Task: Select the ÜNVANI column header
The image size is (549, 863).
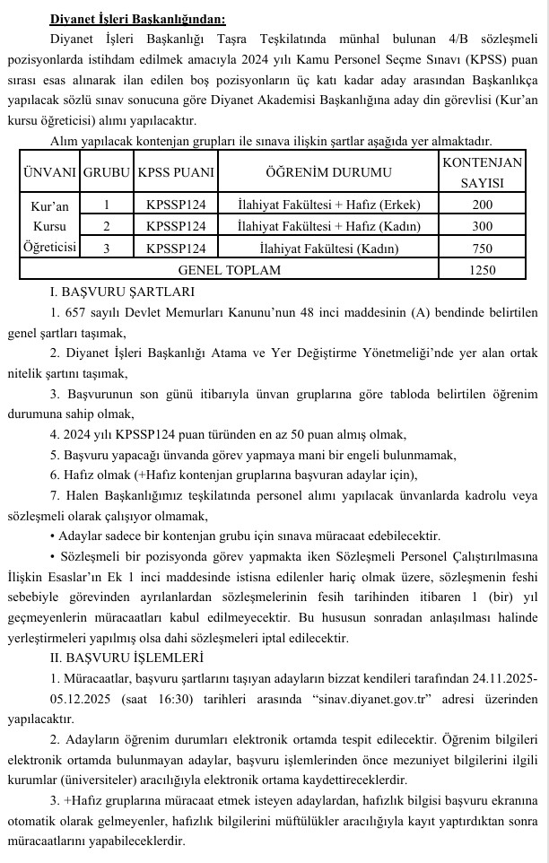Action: (x=49, y=171)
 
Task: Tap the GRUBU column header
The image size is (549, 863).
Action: (x=107, y=171)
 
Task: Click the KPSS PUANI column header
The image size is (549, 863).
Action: (x=176, y=171)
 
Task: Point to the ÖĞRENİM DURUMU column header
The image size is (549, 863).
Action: (x=328, y=171)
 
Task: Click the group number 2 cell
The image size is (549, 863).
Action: (x=107, y=226)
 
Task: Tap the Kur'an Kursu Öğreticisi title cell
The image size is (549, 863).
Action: (x=49, y=226)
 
